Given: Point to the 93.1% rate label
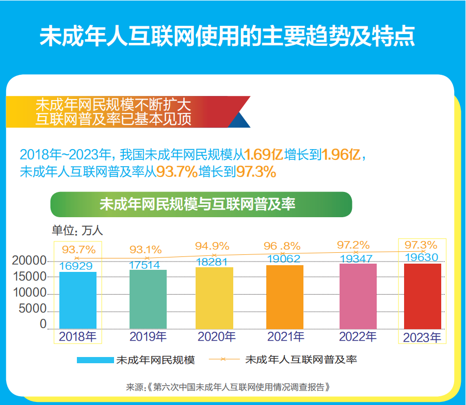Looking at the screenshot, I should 146,249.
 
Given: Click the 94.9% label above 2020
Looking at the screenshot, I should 212,245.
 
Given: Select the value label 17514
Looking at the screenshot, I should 146,265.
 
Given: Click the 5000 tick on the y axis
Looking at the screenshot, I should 33,309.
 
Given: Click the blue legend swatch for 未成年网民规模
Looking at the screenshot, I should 95,360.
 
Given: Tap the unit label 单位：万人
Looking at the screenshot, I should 77,231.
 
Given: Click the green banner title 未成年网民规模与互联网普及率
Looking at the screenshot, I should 201,204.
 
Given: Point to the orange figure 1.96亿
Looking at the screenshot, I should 343,154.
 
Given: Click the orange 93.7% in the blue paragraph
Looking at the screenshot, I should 176,172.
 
